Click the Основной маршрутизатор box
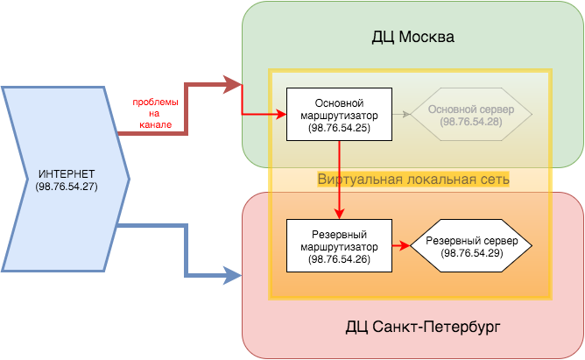point(337,115)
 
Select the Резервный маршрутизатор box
point(337,246)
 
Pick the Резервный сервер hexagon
point(471,246)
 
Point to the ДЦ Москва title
point(412,39)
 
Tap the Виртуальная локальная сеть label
point(413,179)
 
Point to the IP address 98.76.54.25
point(337,129)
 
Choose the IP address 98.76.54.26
point(337,259)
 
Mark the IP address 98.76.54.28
point(471,122)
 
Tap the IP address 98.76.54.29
point(471,253)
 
